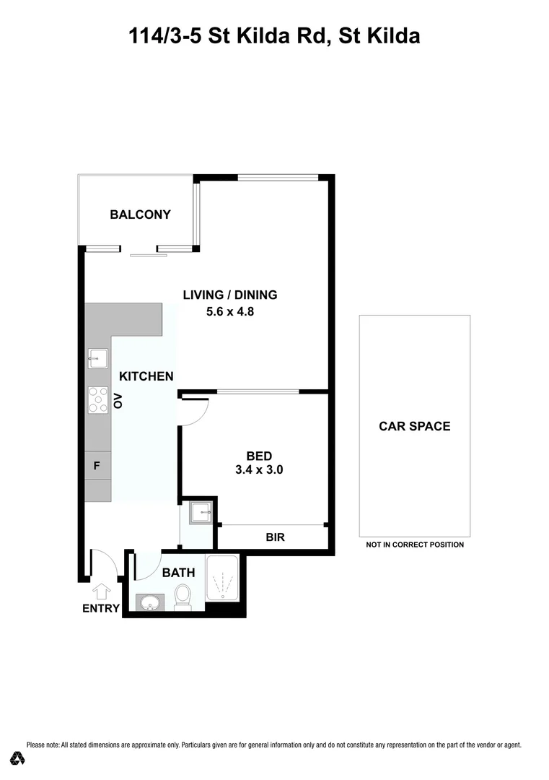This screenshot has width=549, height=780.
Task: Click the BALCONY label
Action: click(x=140, y=214)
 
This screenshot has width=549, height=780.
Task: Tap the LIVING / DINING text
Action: click(x=229, y=295)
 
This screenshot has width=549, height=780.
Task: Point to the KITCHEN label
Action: click(x=146, y=376)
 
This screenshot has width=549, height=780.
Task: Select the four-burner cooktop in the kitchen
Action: click(x=97, y=400)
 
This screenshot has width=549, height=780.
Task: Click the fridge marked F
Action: click(x=97, y=467)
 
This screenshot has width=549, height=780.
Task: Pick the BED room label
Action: click(x=259, y=456)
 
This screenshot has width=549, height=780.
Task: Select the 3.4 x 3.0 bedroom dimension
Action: click(x=259, y=469)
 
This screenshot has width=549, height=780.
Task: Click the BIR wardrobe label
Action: click(x=274, y=537)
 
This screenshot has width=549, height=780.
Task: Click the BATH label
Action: click(x=178, y=573)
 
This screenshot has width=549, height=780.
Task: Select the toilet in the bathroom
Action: click(x=183, y=597)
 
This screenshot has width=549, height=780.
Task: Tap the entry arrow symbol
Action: click(x=102, y=591)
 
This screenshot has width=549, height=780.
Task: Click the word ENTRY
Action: click(x=101, y=609)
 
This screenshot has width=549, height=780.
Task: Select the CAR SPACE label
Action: click(x=414, y=426)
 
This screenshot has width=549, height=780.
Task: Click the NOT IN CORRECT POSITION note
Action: click(x=414, y=545)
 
